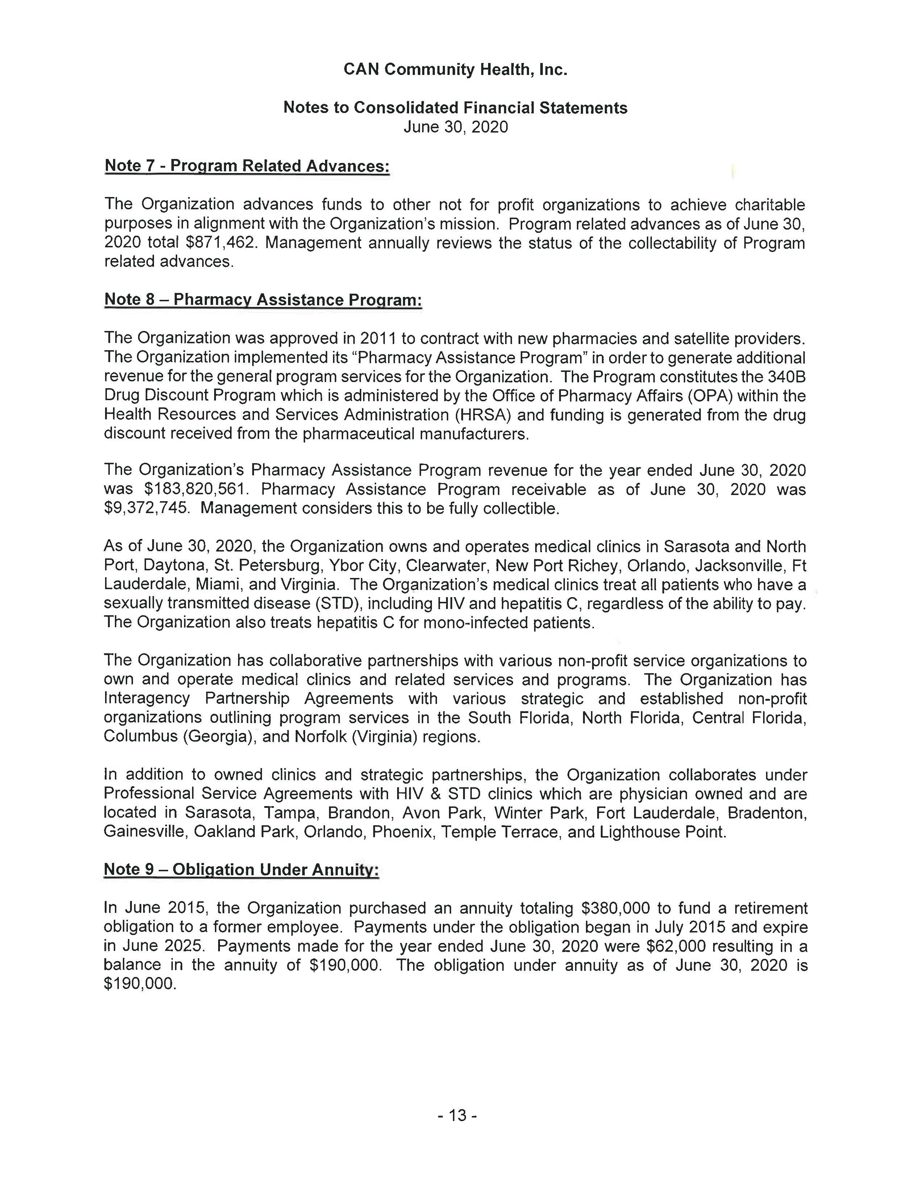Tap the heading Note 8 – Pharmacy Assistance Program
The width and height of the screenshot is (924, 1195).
(x=263, y=300)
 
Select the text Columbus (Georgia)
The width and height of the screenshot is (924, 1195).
(x=178, y=737)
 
